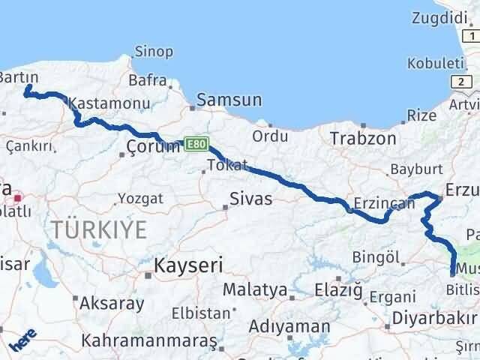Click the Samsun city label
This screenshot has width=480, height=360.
coord(229,100)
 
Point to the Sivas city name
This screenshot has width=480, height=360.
coord(250,199)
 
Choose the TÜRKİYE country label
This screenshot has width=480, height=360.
coord(98,230)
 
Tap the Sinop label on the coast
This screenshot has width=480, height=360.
coord(153,52)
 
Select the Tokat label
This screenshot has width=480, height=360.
coord(226,165)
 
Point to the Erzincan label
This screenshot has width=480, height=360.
coord(384,204)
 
